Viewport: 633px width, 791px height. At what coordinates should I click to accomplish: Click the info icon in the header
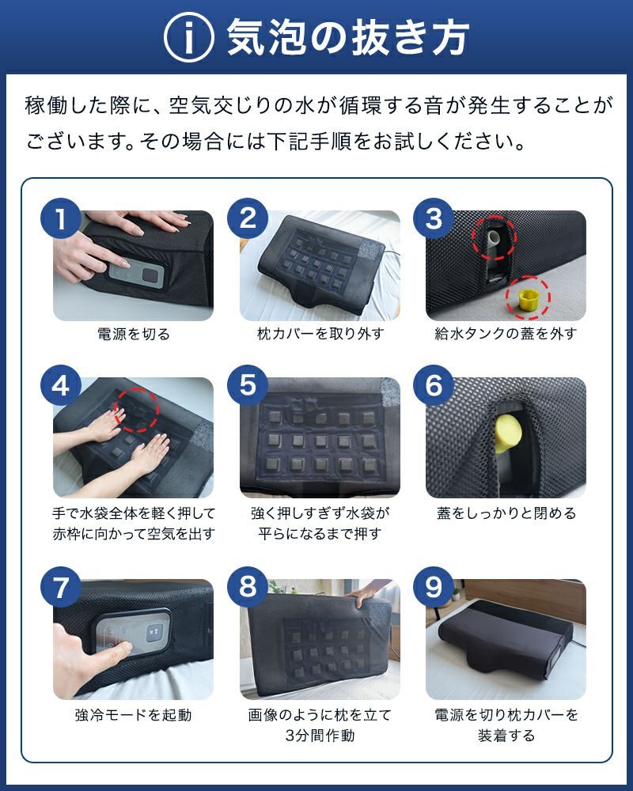[189, 37]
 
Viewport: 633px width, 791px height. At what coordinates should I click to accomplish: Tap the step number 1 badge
[61, 218]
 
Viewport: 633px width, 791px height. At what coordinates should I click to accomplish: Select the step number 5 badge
[248, 385]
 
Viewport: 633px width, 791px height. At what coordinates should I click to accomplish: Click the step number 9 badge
[434, 587]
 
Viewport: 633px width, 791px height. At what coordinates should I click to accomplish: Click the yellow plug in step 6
[507, 433]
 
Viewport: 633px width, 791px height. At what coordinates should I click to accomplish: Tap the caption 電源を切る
[133, 334]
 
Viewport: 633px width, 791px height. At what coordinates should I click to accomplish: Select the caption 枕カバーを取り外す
[320, 334]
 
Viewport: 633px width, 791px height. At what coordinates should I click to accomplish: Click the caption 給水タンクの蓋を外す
[506, 334]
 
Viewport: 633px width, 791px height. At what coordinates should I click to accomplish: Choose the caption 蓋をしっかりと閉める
[506, 513]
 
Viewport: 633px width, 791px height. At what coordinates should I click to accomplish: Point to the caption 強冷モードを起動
[133, 715]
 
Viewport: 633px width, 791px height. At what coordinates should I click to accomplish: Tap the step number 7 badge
[61, 587]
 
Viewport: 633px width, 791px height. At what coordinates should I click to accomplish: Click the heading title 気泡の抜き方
[348, 37]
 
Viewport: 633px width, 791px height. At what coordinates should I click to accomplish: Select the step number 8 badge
[248, 587]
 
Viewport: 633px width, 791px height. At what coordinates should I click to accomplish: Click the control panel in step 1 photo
[136, 275]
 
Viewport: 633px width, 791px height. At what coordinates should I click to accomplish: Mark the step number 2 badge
[248, 218]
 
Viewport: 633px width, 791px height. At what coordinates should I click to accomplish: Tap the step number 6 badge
[434, 385]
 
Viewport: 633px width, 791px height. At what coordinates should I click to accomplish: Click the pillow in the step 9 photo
[505, 637]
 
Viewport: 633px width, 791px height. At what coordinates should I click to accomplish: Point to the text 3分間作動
[320, 736]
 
